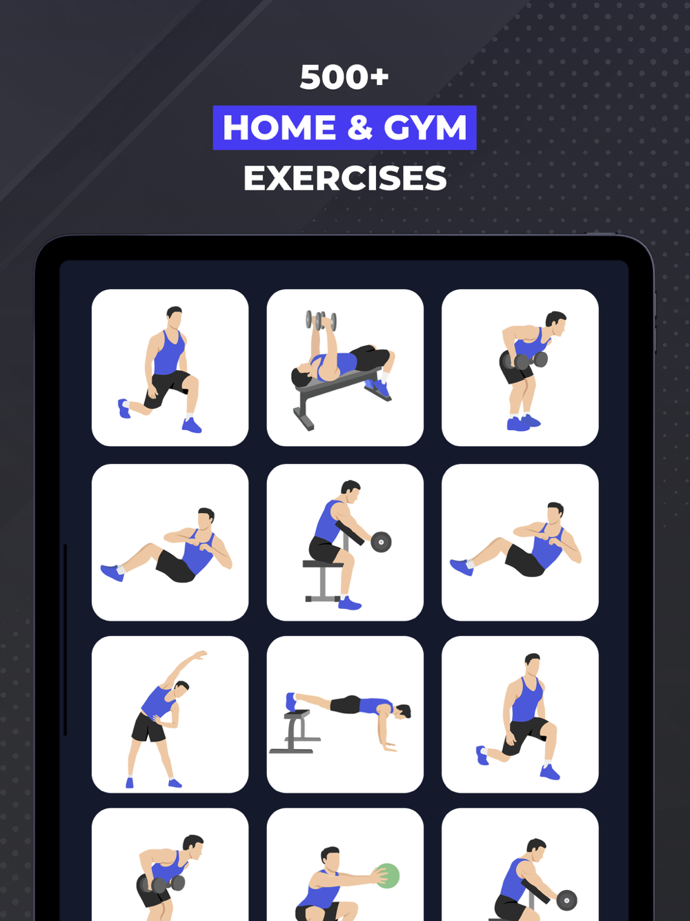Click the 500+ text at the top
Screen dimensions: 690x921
click(344, 77)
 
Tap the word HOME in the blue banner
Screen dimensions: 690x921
click(279, 128)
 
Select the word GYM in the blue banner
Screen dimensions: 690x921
click(425, 128)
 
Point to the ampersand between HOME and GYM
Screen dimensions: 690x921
click(359, 128)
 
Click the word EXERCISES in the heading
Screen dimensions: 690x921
click(345, 178)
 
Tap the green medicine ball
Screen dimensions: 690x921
click(387, 875)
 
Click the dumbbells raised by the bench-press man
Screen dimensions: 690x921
click(321, 320)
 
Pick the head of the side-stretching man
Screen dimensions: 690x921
click(181, 688)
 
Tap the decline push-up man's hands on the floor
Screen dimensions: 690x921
click(388, 746)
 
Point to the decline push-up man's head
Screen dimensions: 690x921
click(403, 712)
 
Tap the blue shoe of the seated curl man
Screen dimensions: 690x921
click(350, 603)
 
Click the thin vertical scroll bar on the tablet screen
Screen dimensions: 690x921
click(65, 640)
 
